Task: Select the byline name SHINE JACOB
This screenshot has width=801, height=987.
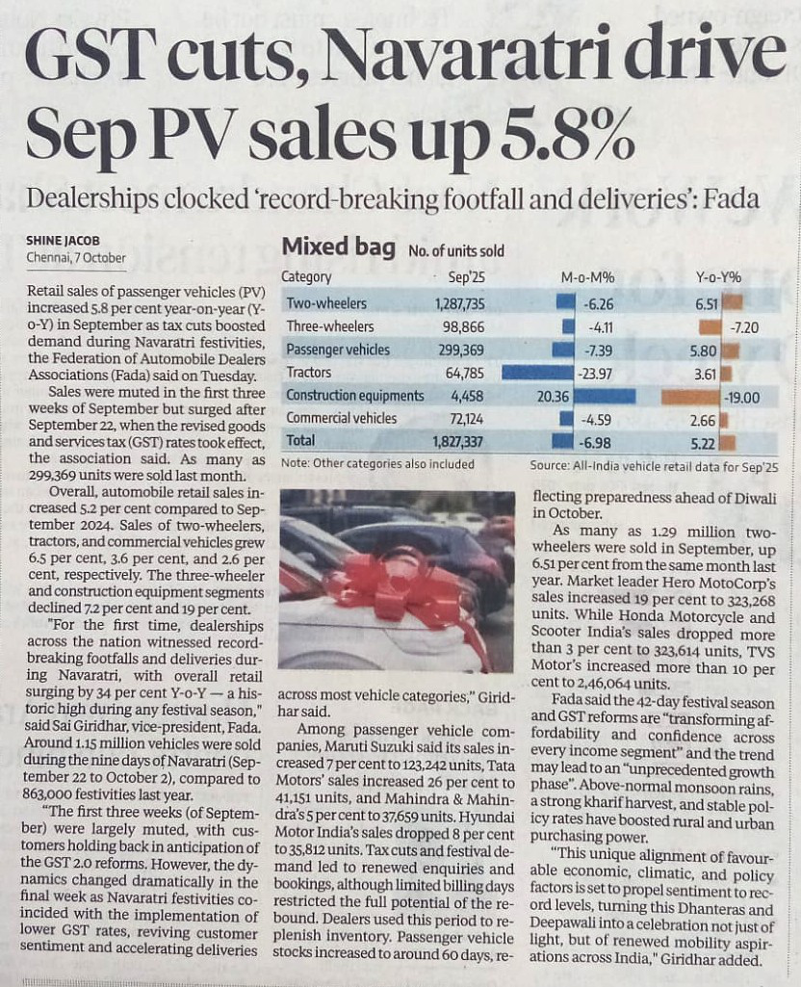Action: pyautogui.click(x=65, y=242)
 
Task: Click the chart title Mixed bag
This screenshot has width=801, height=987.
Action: pyautogui.click(x=338, y=247)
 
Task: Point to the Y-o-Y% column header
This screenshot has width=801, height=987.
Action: pyautogui.click(x=718, y=277)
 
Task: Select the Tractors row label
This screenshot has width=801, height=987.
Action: pyautogui.click(x=309, y=373)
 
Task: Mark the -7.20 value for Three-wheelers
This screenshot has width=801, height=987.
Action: pyautogui.click(x=744, y=327)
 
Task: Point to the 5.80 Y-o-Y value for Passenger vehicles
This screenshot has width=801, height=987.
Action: pyautogui.click(x=705, y=350)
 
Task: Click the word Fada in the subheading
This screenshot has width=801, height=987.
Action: pyautogui.click(x=732, y=199)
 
